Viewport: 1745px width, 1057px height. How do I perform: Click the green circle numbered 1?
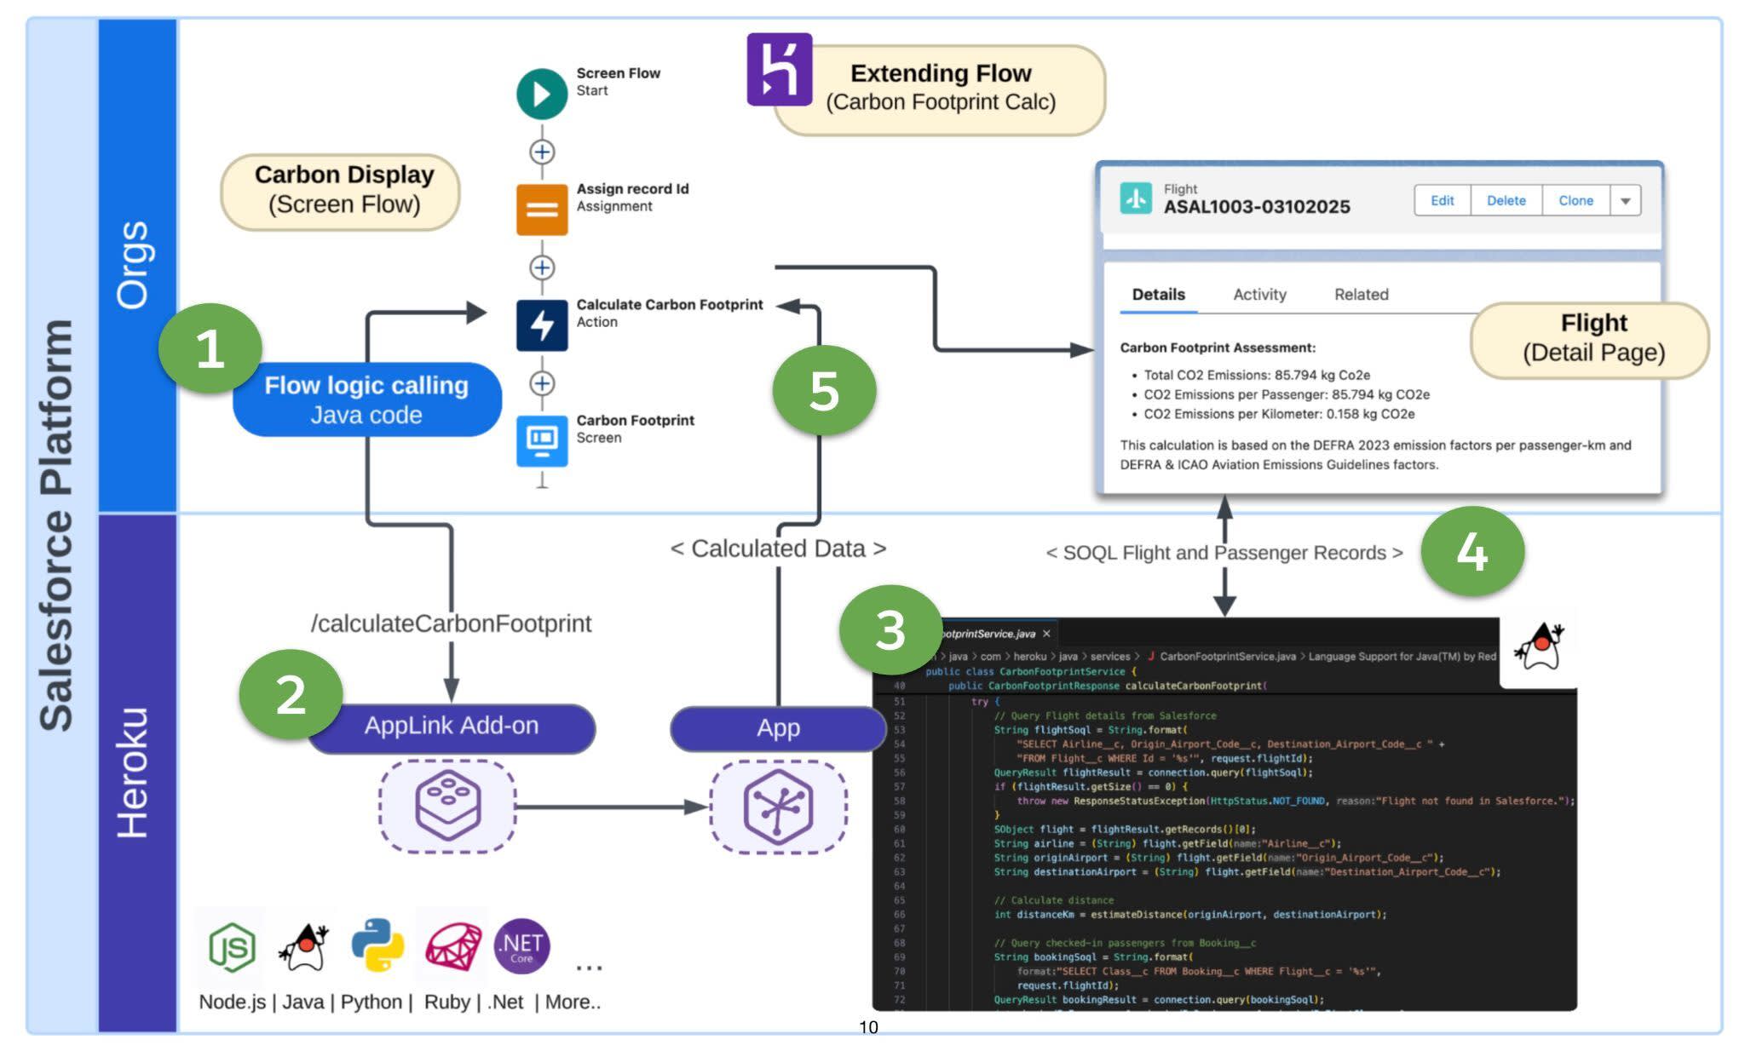[x=210, y=348]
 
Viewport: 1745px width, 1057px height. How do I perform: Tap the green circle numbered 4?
[x=1471, y=552]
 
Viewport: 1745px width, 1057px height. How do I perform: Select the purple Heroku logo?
[x=779, y=70]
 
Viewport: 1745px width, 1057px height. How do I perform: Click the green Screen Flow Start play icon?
[x=542, y=94]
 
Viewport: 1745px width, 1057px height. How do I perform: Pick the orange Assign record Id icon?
[x=542, y=210]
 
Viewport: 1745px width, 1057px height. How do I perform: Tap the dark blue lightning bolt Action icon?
[x=542, y=325]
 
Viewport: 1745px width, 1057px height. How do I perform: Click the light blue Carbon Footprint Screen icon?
[x=542, y=440]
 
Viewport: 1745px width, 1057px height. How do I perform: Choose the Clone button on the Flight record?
[x=1575, y=201]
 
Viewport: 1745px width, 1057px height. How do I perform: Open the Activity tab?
[x=1259, y=295]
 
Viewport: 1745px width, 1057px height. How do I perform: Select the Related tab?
[x=1361, y=295]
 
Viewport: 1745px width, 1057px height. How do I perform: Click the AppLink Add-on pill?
[x=452, y=727]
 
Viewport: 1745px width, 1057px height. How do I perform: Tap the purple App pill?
[x=777, y=728]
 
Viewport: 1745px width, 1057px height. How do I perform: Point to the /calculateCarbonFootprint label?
[x=451, y=623]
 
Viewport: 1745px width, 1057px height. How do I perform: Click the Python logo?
[x=377, y=945]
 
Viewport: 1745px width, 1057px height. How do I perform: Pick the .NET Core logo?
[x=521, y=945]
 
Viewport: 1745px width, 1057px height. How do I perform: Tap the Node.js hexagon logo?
[x=232, y=946]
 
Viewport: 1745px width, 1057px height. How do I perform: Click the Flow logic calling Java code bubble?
[x=366, y=400]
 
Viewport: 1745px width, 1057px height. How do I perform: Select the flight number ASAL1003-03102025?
[x=1256, y=207]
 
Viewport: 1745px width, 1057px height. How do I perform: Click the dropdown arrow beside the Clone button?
[x=1625, y=202]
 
